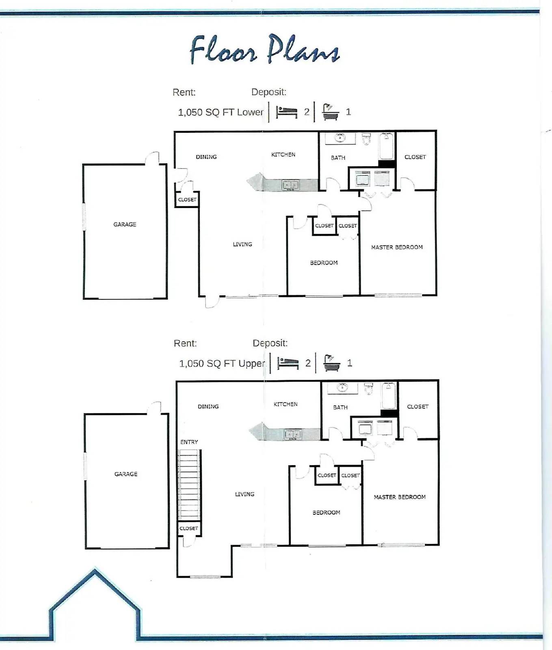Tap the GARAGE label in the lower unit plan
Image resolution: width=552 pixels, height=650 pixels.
pos(125,224)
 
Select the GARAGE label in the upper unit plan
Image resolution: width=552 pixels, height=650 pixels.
pos(126,474)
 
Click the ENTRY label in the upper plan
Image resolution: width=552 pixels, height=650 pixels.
pos(189,442)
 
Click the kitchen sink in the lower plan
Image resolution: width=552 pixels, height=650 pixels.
pos(290,186)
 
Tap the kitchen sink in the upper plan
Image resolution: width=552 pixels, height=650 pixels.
pos(292,435)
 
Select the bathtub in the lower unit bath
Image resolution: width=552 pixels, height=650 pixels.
pos(386,146)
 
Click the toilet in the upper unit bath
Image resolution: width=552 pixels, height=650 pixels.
pos(369,389)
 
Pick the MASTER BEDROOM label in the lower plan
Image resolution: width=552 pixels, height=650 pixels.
pos(397,247)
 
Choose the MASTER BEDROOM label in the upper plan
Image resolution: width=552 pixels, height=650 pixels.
pos(400,497)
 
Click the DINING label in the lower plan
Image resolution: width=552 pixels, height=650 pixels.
pos(206,157)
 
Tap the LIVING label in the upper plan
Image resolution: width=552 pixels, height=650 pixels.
pos(245,494)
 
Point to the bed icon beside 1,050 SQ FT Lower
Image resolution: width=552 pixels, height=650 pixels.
pos(287,112)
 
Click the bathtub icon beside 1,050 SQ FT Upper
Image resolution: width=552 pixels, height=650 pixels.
pos(331,362)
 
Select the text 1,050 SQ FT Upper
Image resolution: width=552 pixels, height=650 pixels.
pos(222,363)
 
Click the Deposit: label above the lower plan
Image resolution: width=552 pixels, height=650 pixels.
pos(268,92)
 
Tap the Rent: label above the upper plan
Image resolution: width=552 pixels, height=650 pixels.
pos(185,343)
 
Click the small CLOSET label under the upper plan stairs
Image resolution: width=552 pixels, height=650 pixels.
pos(189,528)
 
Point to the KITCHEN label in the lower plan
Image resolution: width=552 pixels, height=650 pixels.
pos(283,154)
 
